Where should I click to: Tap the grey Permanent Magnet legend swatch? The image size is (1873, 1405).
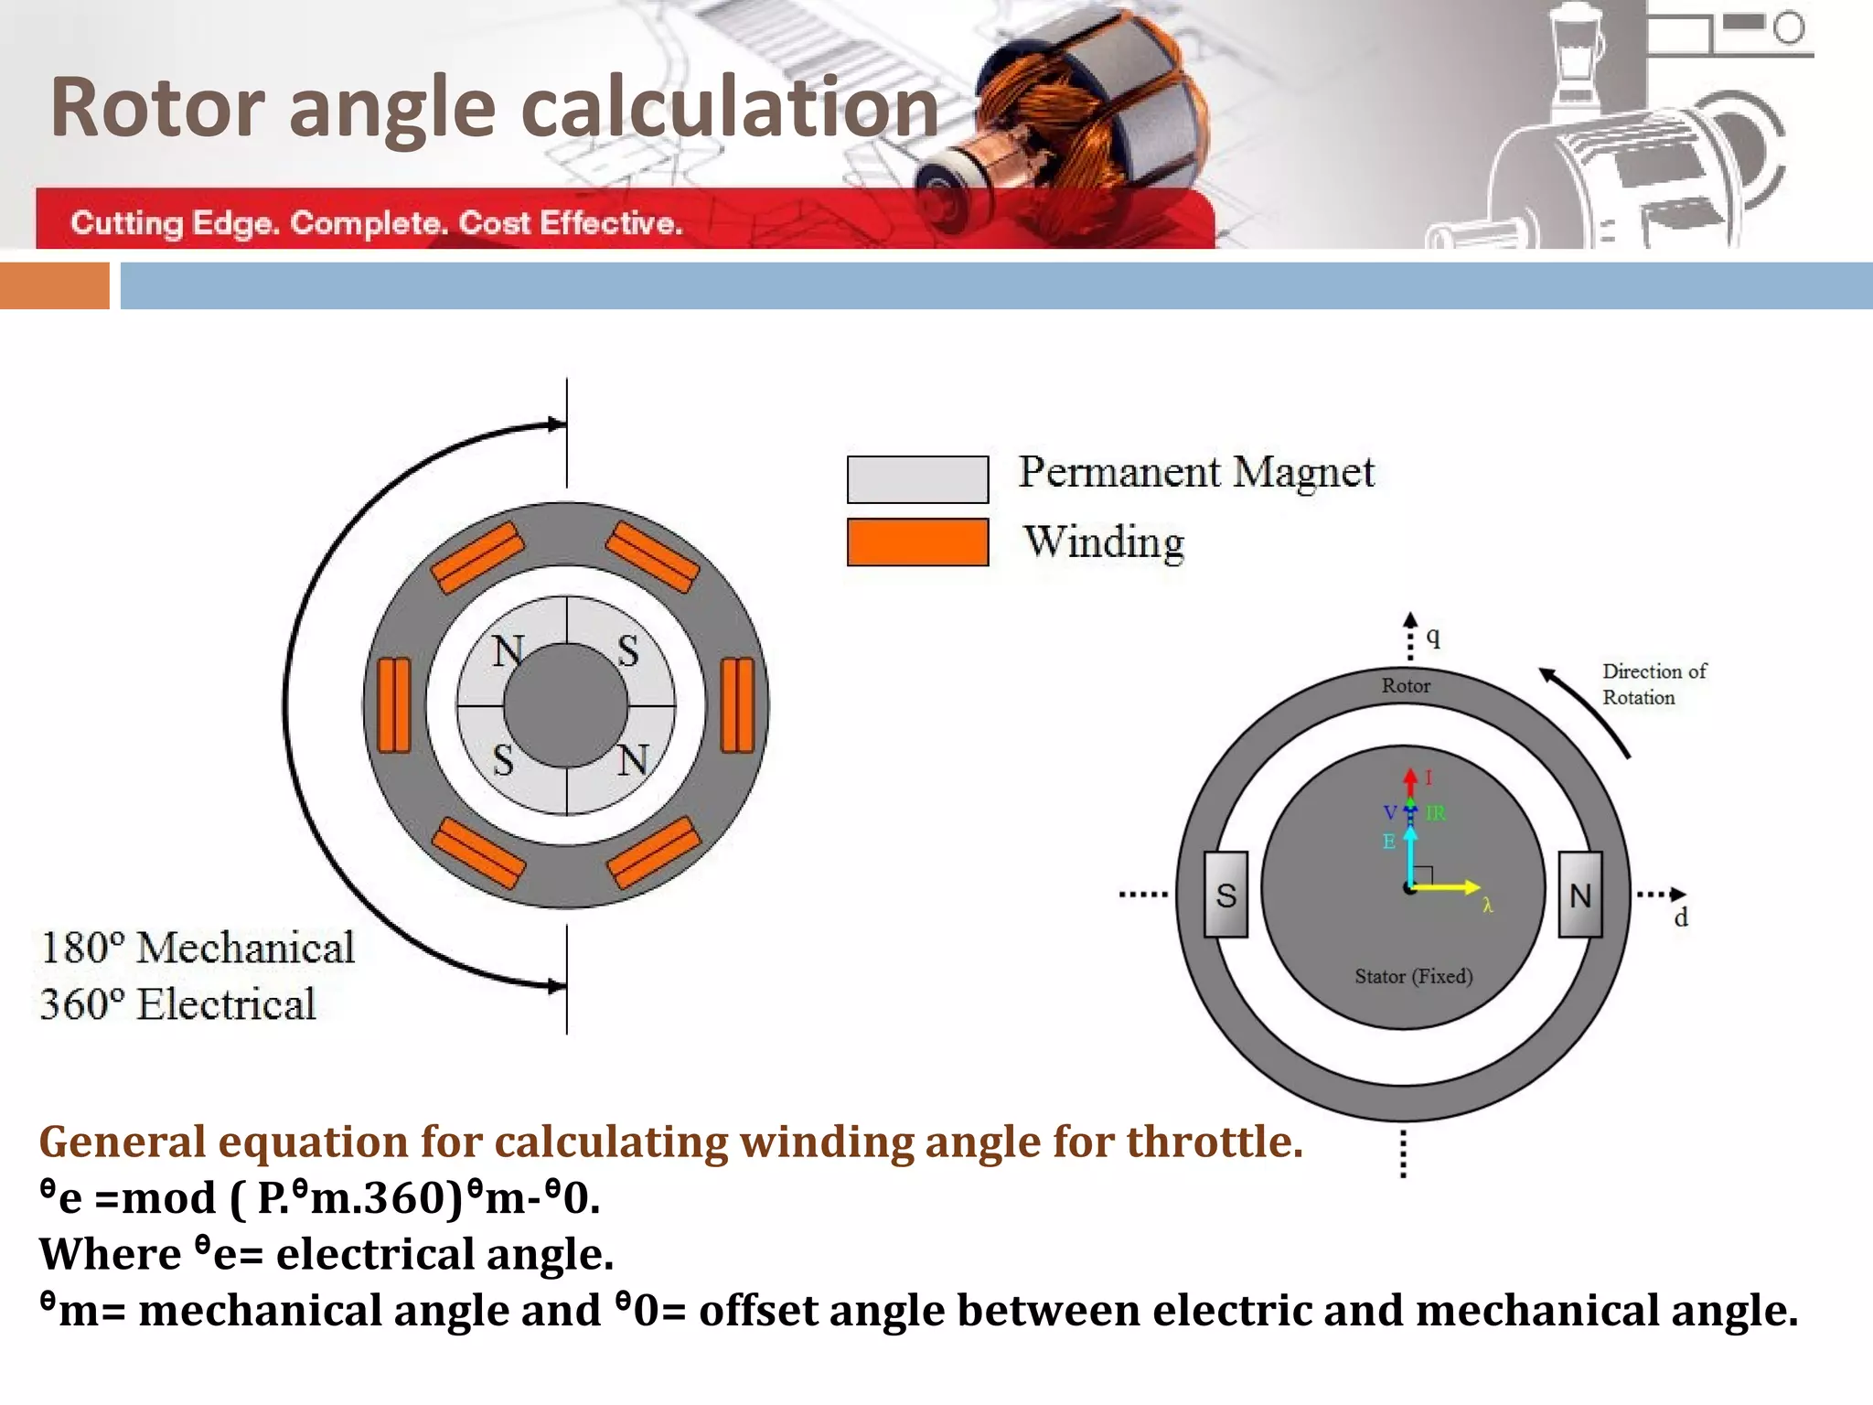tap(917, 479)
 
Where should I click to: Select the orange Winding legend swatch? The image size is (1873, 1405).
tap(917, 542)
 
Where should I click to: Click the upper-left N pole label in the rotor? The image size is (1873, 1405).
tap(508, 652)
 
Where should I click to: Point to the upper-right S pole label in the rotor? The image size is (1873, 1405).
tap(627, 652)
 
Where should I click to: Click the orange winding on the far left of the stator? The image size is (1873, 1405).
tap(394, 705)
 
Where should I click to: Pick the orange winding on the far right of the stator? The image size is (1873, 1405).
tap(737, 705)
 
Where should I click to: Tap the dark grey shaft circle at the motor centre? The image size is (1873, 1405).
tap(566, 705)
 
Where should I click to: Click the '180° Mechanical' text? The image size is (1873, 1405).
tap(198, 948)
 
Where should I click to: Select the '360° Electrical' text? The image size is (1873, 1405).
tap(178, 1004)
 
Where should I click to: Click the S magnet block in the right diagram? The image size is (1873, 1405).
tap(1225, 895)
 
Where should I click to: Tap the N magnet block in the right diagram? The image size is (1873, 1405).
tap(1579, 895)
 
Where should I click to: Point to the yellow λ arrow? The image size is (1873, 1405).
tap(1450, 886)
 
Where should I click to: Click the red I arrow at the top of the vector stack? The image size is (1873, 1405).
tap(1410, 781)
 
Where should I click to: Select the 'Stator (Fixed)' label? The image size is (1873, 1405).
tap(1414, 976)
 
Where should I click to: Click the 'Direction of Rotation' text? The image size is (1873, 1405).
tap(1653, 684)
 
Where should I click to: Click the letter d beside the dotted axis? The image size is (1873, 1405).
tap(1681, 917)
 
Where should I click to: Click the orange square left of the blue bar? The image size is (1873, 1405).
tap(54, 285)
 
